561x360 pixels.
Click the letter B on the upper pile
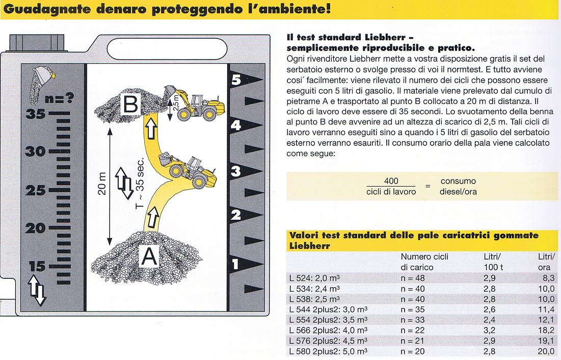131,106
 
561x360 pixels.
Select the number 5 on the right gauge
235,80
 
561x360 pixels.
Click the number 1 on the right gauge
235,264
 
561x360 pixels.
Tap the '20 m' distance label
102,183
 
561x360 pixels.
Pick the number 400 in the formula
391,181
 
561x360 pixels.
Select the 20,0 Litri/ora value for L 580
546,351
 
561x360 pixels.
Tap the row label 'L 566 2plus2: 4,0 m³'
328,331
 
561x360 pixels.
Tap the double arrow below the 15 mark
37,289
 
